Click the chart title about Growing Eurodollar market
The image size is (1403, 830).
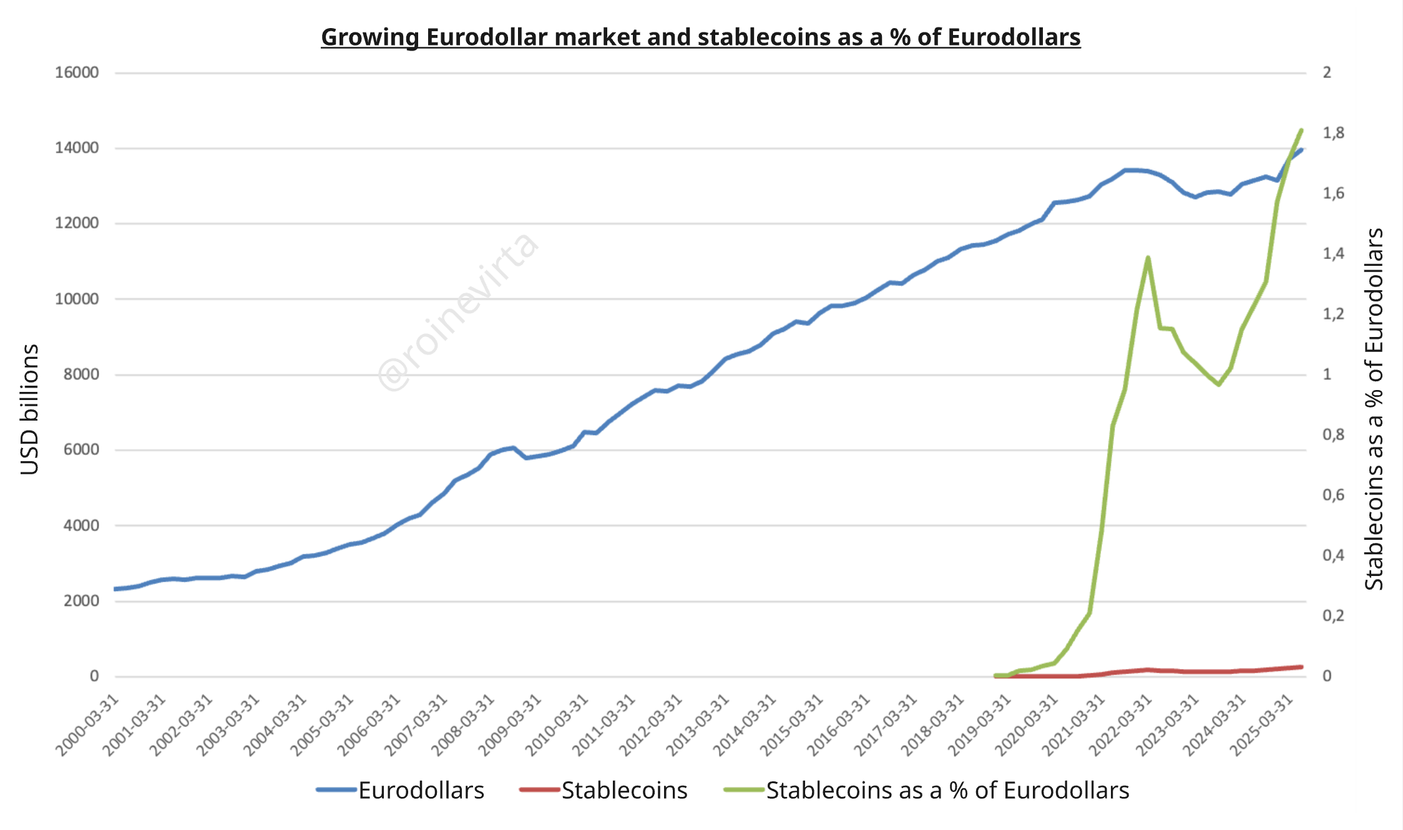(x=700, y=37)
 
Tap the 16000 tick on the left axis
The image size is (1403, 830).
(x=77, y=72)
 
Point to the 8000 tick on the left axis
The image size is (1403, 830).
(x=81, y=374)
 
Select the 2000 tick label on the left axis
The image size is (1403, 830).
(x=81, y=601)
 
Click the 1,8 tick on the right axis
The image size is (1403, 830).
(x=1333, y=133)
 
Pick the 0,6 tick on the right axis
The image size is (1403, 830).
(x=1333, y=495)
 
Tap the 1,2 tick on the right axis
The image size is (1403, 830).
(x=1333, y=314)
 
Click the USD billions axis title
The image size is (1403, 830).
(x=29, y=409)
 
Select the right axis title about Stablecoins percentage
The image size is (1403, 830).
(x=1374, y=409)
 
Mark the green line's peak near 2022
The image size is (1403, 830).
(x=1148, y=258)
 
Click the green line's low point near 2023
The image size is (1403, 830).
(x=1218, y=384)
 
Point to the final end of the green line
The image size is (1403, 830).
(x=1301, y=130)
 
